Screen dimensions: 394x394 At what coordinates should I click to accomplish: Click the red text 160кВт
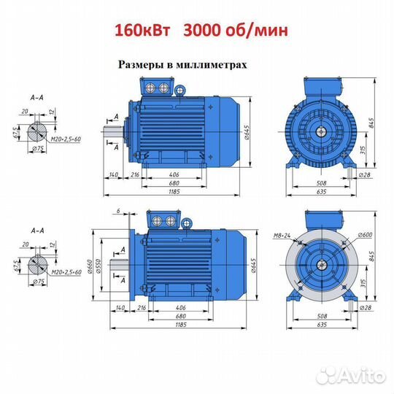[x=142, y=31]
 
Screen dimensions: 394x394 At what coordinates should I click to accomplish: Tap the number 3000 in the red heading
[x=201, y=31]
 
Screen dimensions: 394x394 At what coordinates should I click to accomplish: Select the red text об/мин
[x=255, y=31]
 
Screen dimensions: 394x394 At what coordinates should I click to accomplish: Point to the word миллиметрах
[x=212, y=65]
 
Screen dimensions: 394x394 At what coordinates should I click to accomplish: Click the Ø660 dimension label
[x=91, y=267]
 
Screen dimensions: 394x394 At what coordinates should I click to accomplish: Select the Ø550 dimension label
[x=98, y=266]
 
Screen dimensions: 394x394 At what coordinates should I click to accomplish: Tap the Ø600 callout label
[x=366, y=235]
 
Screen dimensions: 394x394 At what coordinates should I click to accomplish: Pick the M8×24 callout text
[x=282, y=236]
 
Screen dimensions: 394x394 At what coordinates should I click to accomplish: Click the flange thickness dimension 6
[x=118, y=211]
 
